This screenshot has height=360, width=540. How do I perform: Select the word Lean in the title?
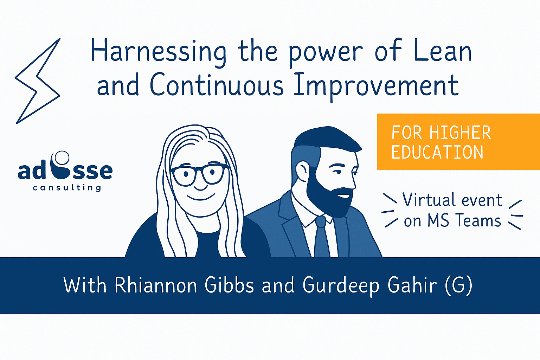443,50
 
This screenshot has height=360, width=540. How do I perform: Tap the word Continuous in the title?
217,84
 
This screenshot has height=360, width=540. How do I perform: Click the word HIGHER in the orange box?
460,133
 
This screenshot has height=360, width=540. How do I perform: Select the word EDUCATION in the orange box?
437,152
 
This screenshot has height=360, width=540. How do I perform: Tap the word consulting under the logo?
67,187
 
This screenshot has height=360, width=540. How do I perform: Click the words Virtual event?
452,200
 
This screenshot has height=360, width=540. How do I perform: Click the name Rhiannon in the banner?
156,285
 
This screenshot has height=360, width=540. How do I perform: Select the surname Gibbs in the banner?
229,285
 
